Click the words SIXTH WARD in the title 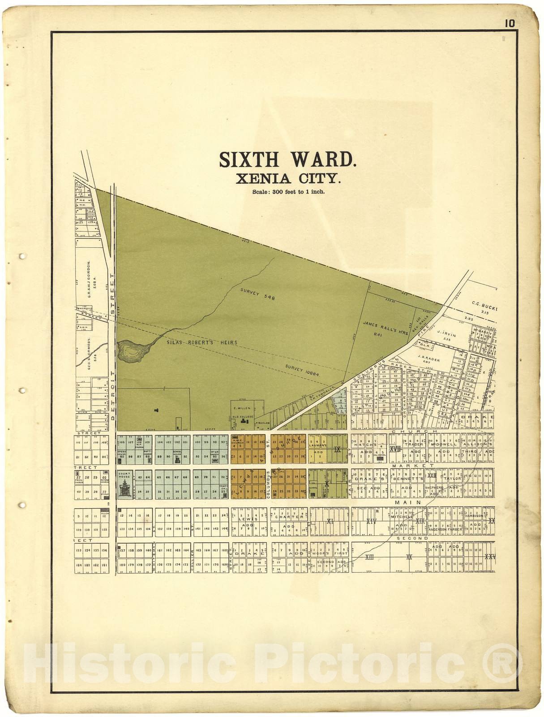pyautogui.click(x=287, y=160)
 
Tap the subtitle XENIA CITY pyautogui.click(x=288, y=179)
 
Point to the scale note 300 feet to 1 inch pyautogui.click(x=288, y=192)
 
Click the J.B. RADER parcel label pyautogui.click(x=428, y=359)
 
